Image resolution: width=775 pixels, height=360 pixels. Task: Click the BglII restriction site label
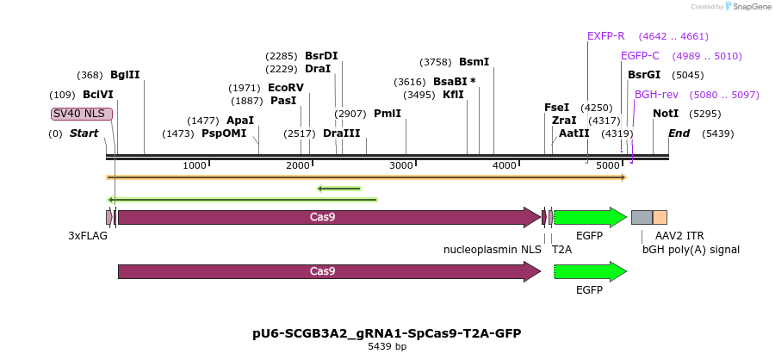pos(125,75)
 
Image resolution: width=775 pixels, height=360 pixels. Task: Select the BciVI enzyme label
pos(98,95)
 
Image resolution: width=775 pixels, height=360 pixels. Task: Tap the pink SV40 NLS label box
pos(81,114)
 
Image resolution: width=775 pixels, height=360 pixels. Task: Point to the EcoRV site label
pos(286,88)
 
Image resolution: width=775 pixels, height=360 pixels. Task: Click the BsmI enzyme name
pos(474,62)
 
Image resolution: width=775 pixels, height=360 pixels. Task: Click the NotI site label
pos(666,114)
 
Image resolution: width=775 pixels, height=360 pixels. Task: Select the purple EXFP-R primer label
pos(605,36)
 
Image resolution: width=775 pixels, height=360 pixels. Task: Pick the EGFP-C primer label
pos(640,56)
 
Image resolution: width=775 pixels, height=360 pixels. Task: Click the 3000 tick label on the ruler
pos(401,165)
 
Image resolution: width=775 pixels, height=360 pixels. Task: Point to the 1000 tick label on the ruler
pos(195,165)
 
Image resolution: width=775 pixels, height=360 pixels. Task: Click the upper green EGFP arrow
pos(590,217)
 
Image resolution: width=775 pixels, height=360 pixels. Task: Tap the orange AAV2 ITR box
pos(660,217)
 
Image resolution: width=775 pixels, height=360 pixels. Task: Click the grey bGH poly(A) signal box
pos(642,217)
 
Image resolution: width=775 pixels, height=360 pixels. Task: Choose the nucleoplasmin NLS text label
pos(493,250)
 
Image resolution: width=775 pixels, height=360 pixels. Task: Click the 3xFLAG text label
pos(88,235)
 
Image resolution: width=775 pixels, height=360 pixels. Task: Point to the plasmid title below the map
pos(387,333)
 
